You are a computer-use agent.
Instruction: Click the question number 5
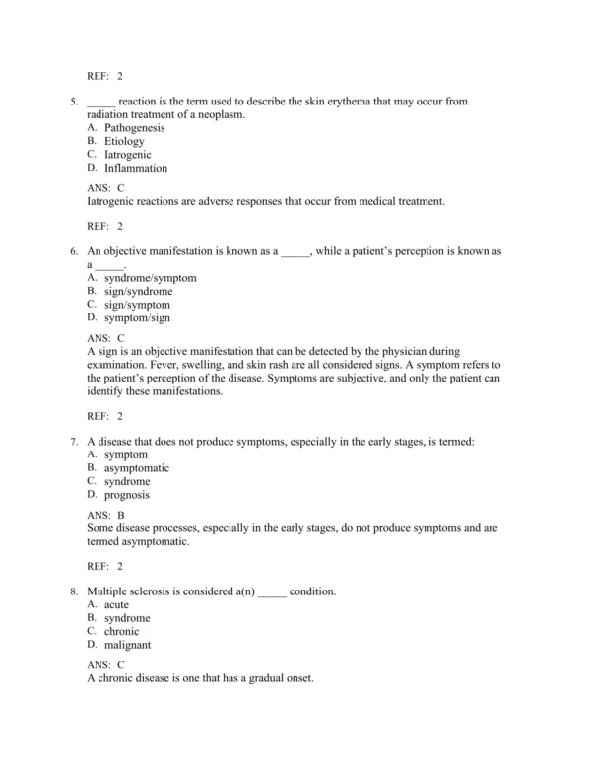pos(72,102)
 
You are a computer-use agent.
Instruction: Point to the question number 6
pos(72,252)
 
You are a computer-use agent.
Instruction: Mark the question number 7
pos(72,442)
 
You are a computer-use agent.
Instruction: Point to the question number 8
pos(72,591)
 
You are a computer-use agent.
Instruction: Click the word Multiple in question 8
pos(109,591)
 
